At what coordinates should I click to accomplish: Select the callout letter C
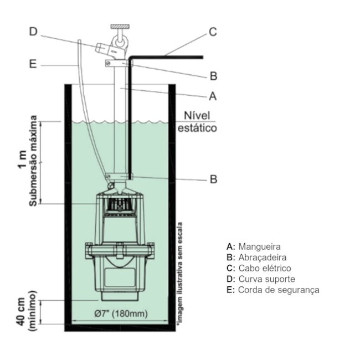(213, 32)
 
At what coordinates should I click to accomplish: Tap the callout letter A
(212, 96)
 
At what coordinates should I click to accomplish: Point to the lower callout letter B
(213, 179)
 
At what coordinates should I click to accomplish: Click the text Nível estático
(197, 122)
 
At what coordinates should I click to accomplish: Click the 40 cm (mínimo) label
(26, 310)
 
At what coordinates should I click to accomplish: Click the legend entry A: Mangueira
(254, 246)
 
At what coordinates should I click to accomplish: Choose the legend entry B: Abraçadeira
(256, 257)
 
